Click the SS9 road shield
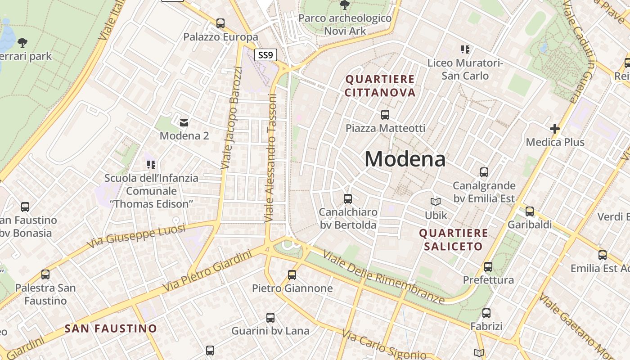click(265, 55)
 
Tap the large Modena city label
click(405, 159)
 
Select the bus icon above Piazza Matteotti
click(385, 115)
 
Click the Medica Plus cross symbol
click(555, 129)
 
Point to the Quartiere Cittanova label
click(380, 86)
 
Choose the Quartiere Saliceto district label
click(454, 239)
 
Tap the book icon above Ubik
click(436, 202)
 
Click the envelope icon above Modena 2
click(184, 122)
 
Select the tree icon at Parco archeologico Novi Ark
click(345, 5)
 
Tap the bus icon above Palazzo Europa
click(220, 23)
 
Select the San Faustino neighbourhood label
click(111, 328)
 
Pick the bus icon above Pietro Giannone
click(292, 274)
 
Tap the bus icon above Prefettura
click(488, 267)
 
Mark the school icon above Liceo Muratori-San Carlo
click(465, 49)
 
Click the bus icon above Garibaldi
click(530, 211)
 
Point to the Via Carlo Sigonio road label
click(383, 346)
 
